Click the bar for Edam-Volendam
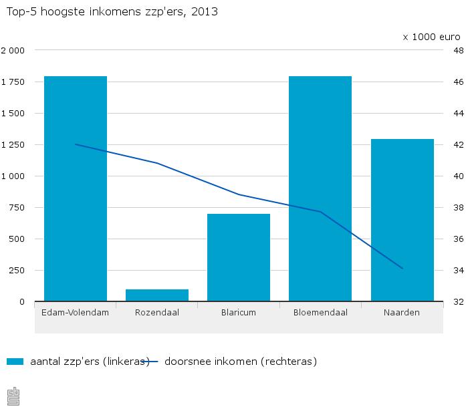click(x=76, y=188)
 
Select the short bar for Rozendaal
click(x=157, y=295)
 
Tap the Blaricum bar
click(x=239, y=257)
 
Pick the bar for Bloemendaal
click(x=320, y=188)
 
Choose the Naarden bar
click(x=402, y=220)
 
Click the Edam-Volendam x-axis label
click(x=76, y=312)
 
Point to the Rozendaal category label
click(x=157, y=312)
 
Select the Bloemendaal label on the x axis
click(x=320, y=312)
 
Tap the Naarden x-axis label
click(x=402, y=312)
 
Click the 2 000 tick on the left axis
click(x=13, y=50)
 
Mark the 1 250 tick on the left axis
click(x=13, y=144)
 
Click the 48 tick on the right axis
click(x=459, y=50)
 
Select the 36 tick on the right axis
click(x=459, y=239)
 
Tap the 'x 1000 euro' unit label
click(x=431, y=37)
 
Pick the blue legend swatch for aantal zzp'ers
click(x=15, y=362)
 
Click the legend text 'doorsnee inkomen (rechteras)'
click(x=240, y=362)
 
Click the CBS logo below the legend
click(x=13, y=396)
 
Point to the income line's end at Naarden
click(x=402, y=269)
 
